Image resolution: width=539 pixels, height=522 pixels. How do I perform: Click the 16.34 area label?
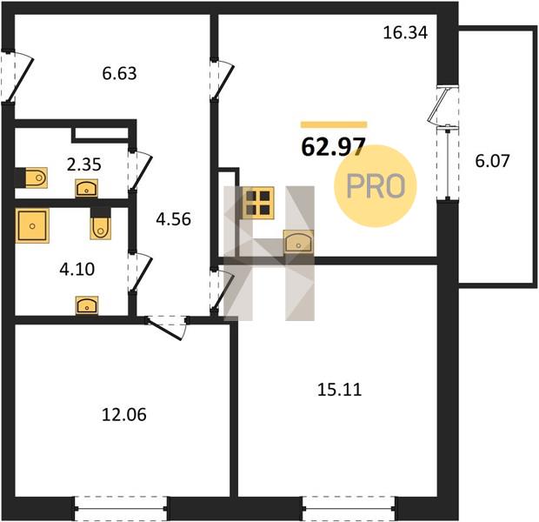[x=405, y=33]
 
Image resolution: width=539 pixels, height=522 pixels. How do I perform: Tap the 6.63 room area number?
[x=119, y=74]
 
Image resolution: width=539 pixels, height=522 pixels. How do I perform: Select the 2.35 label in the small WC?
[x=83, y=164]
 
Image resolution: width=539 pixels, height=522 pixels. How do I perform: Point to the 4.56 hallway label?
[x=173, y=219]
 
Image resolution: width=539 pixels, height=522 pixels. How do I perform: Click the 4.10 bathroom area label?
[x=77, y=270]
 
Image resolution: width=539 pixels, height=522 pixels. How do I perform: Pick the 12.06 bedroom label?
[x=124, y=415]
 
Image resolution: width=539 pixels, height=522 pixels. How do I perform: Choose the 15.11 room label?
[x=339, y=390]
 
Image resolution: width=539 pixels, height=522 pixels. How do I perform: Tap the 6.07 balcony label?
[x=492, y=161]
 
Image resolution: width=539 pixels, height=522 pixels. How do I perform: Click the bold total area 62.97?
[x=333, y=146]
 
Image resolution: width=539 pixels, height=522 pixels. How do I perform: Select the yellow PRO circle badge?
[x=376, y=186]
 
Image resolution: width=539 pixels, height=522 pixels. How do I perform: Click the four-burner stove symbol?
[x=258, y=203]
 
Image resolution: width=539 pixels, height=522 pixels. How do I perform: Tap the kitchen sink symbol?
[x=298, y=242]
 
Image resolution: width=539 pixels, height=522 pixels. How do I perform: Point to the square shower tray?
[x=32, y=225]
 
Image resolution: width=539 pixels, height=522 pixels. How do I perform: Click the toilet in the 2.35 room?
[x=36, y=177]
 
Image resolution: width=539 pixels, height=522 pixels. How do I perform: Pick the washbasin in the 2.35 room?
[x=87, y=188]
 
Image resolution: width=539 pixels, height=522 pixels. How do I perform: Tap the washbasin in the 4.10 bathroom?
[x=87, y=305]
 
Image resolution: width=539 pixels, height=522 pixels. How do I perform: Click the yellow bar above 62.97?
[x=334, y=124]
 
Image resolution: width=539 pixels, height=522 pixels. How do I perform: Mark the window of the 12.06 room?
[x=121, y=508]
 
